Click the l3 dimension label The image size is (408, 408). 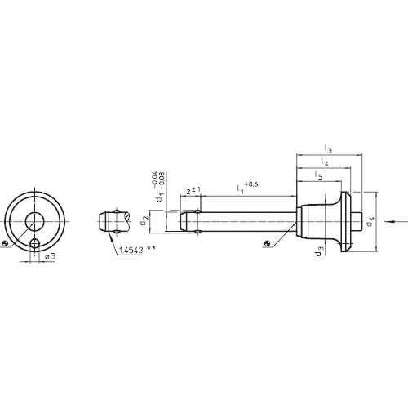327,149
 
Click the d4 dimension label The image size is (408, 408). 370,220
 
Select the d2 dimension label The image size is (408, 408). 144,220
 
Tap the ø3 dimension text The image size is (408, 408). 49,256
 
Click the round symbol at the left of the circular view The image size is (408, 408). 6,243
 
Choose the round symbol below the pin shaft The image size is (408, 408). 268,242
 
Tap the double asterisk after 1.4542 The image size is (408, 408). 152,250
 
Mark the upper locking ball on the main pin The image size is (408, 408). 197,212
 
